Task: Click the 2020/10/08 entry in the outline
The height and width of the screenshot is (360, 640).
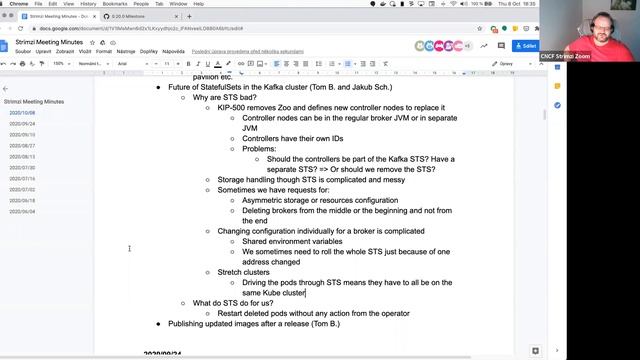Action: (22, 113)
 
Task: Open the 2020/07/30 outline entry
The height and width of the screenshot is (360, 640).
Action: (22, 168)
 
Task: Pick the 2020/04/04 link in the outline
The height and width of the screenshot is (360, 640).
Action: (22, 212)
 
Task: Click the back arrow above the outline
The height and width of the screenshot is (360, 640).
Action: (6, 89)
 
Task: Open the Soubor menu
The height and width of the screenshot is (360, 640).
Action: (9, 50)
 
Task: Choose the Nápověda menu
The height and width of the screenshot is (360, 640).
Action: (173, 50)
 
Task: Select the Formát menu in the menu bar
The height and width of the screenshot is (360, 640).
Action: (104, 50)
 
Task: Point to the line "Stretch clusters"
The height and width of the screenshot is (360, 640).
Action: (243, 272)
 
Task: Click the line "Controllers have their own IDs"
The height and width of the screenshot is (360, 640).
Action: (296, 138)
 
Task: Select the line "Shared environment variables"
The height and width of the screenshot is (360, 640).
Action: (292, 241)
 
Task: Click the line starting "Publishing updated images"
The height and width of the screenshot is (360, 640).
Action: (254, 324)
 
